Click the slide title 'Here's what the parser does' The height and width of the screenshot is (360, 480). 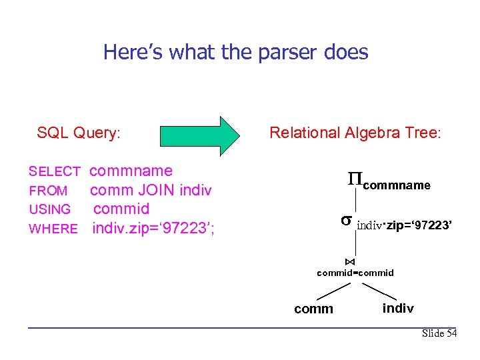coord(235,52)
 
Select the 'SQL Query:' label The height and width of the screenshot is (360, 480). coord(79,133)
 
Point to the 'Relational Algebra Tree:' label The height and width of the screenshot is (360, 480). coord(355,133)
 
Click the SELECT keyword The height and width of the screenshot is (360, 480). coord(55,172)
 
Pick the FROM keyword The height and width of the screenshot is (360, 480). coord(48,191)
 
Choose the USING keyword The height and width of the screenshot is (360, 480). coord(50,210)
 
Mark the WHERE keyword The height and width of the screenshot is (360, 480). coord(53,229)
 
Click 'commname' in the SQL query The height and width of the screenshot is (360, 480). coord(131,171)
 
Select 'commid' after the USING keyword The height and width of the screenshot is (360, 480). coord(121,209)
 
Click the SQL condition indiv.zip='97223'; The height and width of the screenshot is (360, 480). coord(153,229)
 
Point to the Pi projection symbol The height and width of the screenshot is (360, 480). coord(355,179)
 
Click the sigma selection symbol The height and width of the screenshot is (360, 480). coord(346,221)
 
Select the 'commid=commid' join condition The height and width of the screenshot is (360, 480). coord(355,273)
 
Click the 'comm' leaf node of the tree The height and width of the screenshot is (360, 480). coord(313,309)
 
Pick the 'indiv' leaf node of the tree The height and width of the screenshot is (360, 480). coord(398,308)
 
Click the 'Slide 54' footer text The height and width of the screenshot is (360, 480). coord(439,333)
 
